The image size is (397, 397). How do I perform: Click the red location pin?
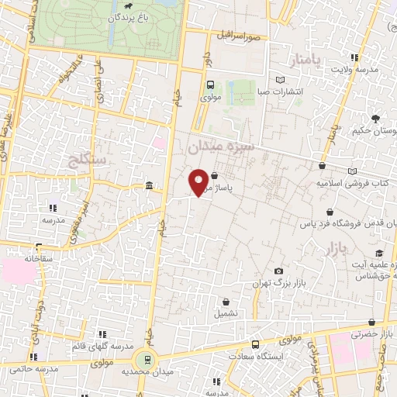(x=198, y=182)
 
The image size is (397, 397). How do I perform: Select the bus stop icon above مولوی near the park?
(x=210, y=86)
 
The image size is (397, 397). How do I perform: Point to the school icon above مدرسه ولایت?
(x=355, y=57)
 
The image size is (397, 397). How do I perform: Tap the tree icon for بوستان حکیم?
(x=375, y=119)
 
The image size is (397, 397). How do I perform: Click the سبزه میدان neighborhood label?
(x=218, y=145)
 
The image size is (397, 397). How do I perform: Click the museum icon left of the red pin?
(x=149, y=185)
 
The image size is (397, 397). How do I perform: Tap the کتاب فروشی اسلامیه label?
(x=353, y=183)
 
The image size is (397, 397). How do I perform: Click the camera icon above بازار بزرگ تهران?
(x=278, y=271)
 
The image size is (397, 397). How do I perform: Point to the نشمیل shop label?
(x=226, y=314)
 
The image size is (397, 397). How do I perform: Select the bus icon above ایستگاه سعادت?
(x=255, y=343)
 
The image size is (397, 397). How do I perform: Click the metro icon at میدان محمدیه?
(x=143, y=359)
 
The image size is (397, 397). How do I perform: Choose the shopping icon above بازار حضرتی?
(x=375, y=322)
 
